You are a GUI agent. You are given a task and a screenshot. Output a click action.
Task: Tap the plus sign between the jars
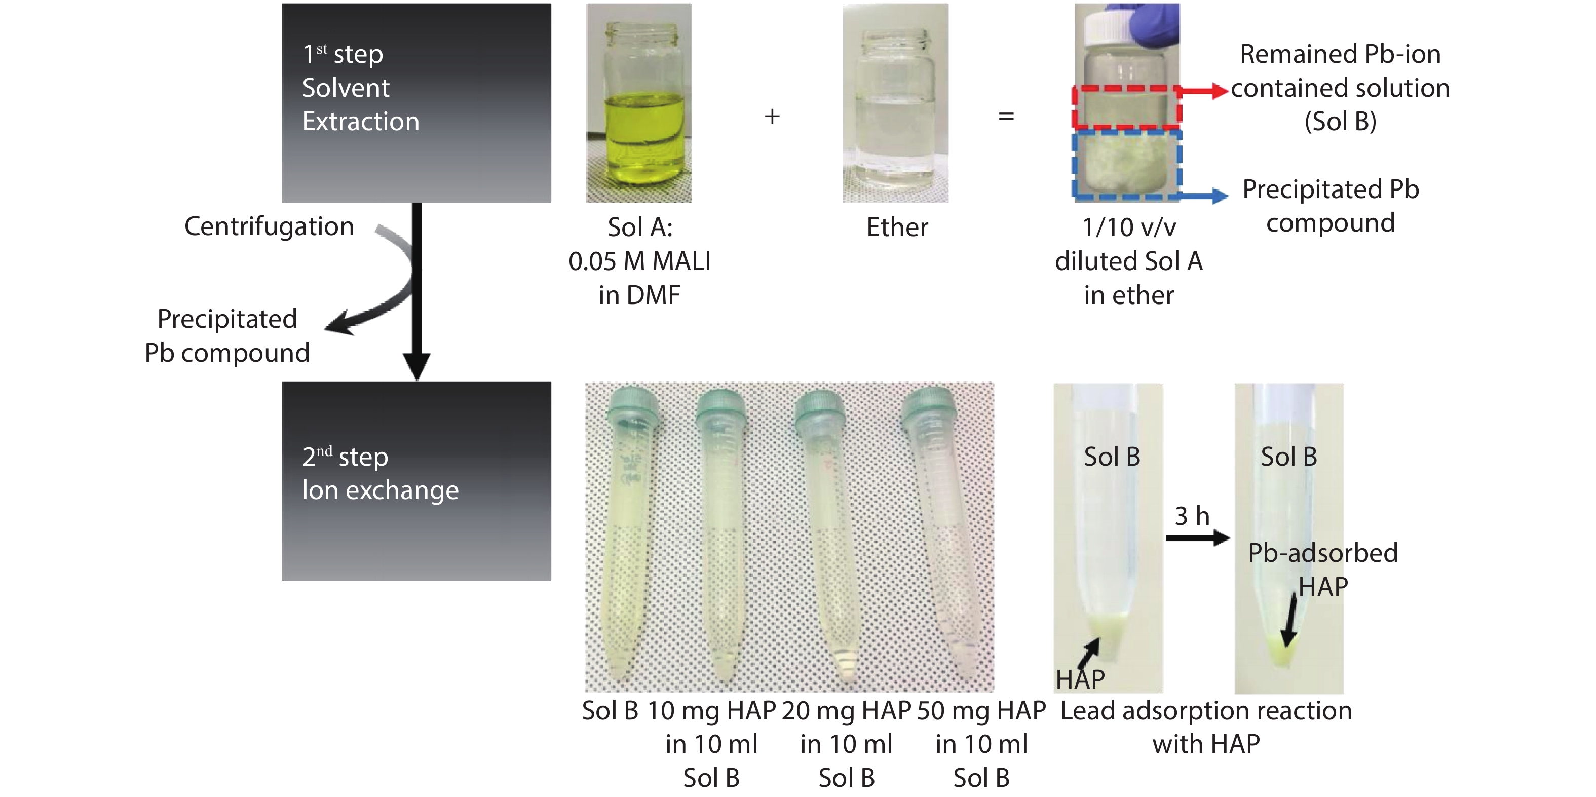point(772,117)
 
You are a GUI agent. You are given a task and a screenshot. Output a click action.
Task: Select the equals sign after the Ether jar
point(1006,117)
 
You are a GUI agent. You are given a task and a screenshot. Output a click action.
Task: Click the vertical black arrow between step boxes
point(417,291)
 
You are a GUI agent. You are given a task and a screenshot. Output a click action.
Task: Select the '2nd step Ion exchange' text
point(381,474)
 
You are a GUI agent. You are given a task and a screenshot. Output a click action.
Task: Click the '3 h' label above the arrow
point(1192,516)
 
